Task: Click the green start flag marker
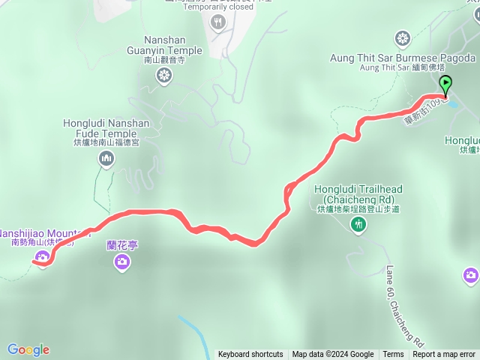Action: point(446,84)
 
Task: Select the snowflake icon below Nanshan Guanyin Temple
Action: point(163,74)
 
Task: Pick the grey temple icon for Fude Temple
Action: point(106,158)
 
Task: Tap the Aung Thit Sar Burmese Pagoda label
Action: point(403,58)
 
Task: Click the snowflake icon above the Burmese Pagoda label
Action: point(403,39)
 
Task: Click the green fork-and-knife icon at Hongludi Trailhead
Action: point(360,223)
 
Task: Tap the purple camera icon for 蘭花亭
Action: point(122,261)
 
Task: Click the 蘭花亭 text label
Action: point(123,244)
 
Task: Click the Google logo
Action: point(28,349)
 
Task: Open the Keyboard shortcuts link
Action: point(250,355)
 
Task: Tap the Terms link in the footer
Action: point(393,355)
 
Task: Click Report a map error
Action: point(444,355)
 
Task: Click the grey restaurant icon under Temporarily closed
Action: point(217,22)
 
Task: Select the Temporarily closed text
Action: point(217,7)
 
